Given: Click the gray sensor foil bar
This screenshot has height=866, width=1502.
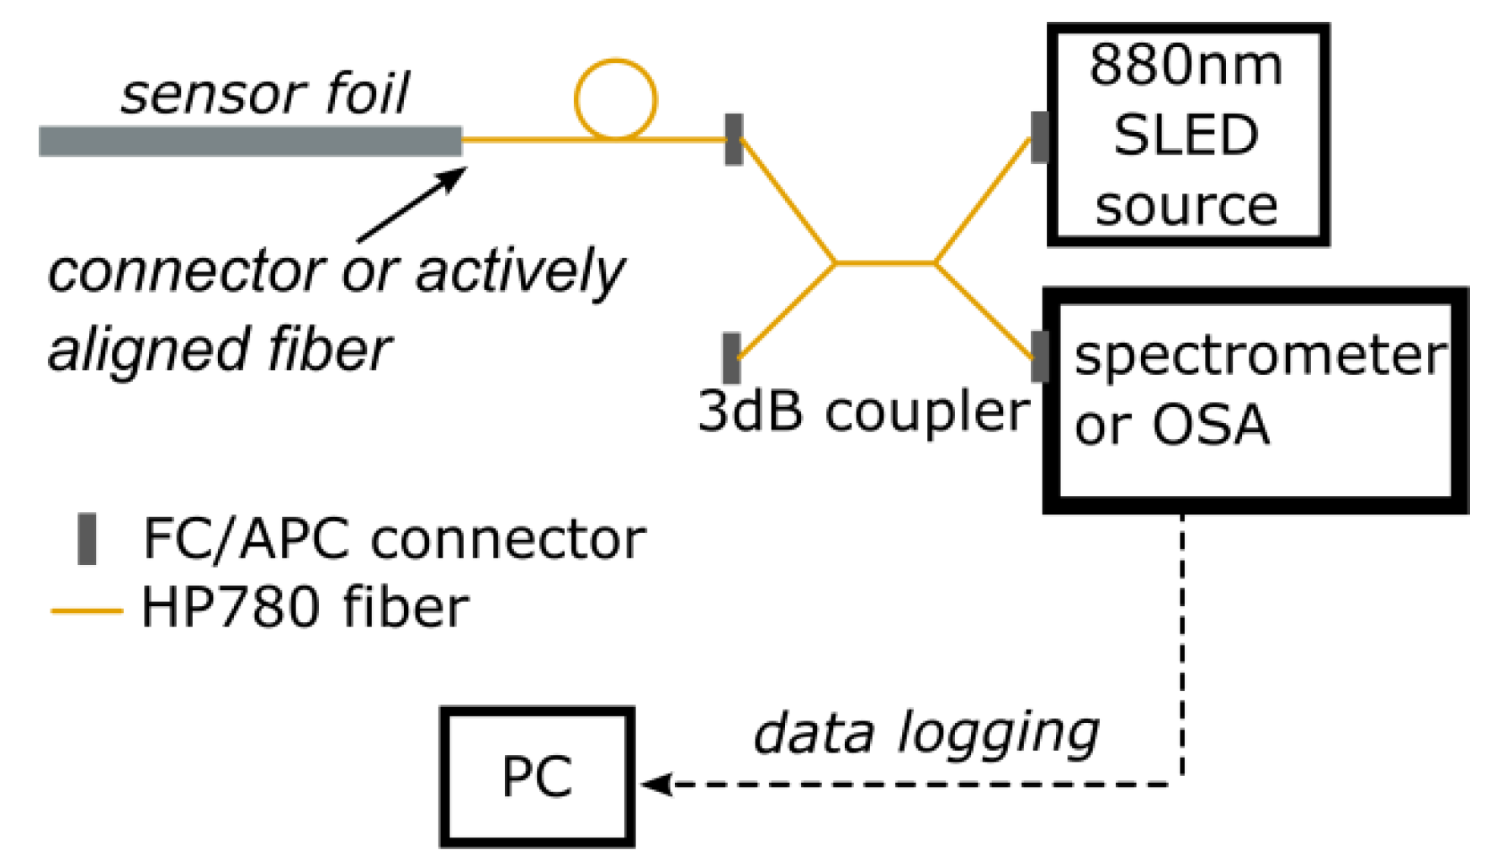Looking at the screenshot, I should pyautogui.click(x=250, y=141).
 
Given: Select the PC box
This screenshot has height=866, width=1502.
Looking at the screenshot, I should pyautogui.click(x=537, y=776).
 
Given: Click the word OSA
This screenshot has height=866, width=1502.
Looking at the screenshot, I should pyautogui.click(x=1210, y=425).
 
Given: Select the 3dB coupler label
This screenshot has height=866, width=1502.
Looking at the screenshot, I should pyautogui.click(x=863, y=411).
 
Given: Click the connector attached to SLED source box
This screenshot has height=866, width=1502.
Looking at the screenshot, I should pyautogui.click(x=1040, y=137).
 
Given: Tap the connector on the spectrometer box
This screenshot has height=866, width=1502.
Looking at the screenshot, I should pyautogui.click(x=1040, y=356).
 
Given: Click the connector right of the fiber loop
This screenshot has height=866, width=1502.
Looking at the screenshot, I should pyautogui.click(x=734, y=140).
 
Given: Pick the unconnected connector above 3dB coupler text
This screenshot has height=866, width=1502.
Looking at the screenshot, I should pyautogui.click(x=731, y=358).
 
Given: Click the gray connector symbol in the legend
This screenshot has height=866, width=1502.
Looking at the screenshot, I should pyautogui.click(x=87, y=539).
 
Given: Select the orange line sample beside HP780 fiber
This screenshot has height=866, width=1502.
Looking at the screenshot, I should pyautogui.click(x=87, y=610).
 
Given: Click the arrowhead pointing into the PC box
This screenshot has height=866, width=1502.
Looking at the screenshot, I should pyautogui.click(x=653, y=784).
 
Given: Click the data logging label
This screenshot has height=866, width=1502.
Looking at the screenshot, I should pyautogui.click(x=926, y=734).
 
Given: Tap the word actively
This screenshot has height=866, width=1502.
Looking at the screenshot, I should pyautogui.click(x=519, y=272).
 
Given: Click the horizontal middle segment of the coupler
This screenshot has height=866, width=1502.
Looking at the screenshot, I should pyautogui.click(x=884, y=263).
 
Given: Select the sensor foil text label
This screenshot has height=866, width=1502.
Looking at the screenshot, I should pyautogui.click(x=264, y=92).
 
